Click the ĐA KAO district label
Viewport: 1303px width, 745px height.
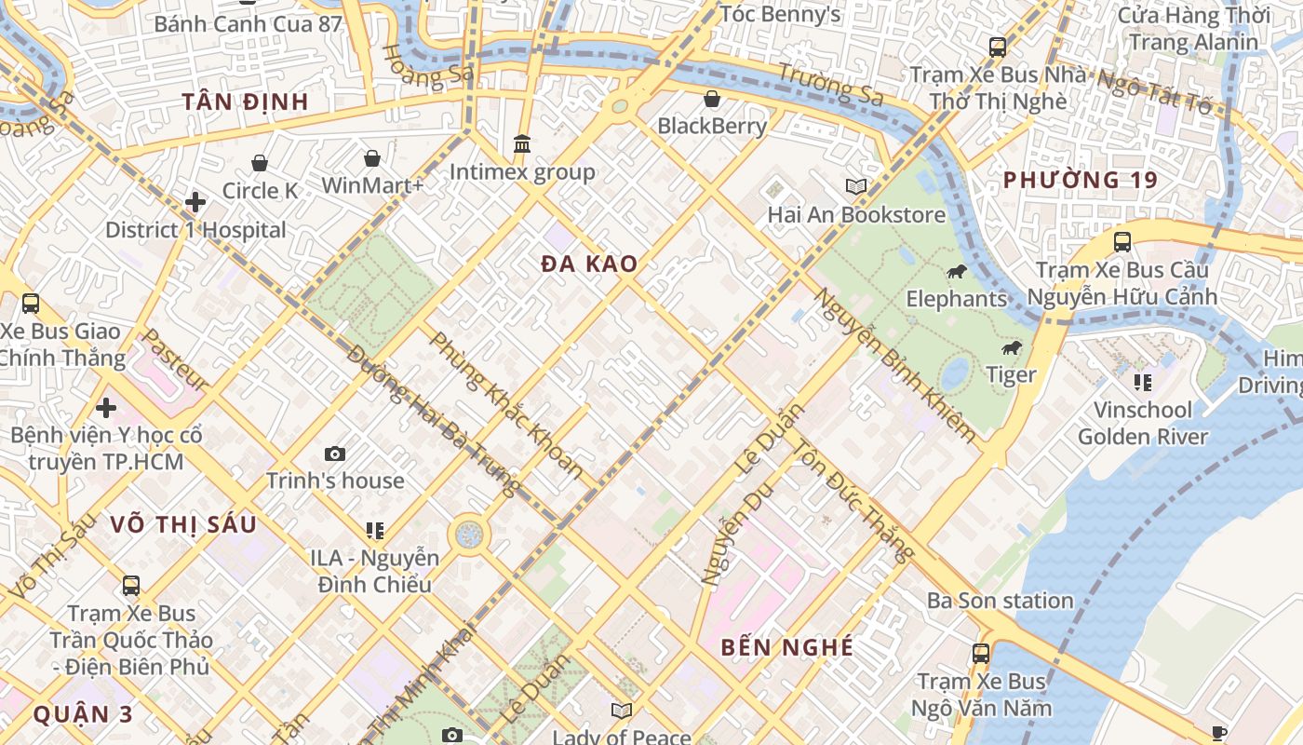click(589, 264)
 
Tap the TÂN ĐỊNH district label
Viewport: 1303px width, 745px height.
click(245, 102)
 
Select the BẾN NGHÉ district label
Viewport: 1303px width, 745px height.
click(786, 647)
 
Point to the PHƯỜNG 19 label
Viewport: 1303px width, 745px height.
click(1081, 181)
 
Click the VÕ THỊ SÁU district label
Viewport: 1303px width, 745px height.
click(183, 524)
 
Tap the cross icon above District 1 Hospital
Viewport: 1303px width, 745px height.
click(195, 202)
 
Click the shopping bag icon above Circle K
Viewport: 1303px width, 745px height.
click(260, 163)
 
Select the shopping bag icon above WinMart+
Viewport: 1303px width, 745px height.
click(372, 157)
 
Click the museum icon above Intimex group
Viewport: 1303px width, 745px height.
click(522, 144)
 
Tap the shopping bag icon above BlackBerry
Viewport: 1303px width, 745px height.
click(712, 98)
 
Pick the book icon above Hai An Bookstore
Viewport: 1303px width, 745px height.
click(856, 186)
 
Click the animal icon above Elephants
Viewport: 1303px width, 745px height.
click(957, 272)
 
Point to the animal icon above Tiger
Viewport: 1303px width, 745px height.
click(1011, 348)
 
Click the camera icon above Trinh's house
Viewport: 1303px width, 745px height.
click(335, 454)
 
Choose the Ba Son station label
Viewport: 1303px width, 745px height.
click(1000, 601)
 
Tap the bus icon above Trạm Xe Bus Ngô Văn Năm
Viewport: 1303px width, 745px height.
click(980, 653)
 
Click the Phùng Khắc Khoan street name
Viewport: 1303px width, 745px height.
click(506, 405)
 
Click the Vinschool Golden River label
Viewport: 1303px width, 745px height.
click(1143, 423)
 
